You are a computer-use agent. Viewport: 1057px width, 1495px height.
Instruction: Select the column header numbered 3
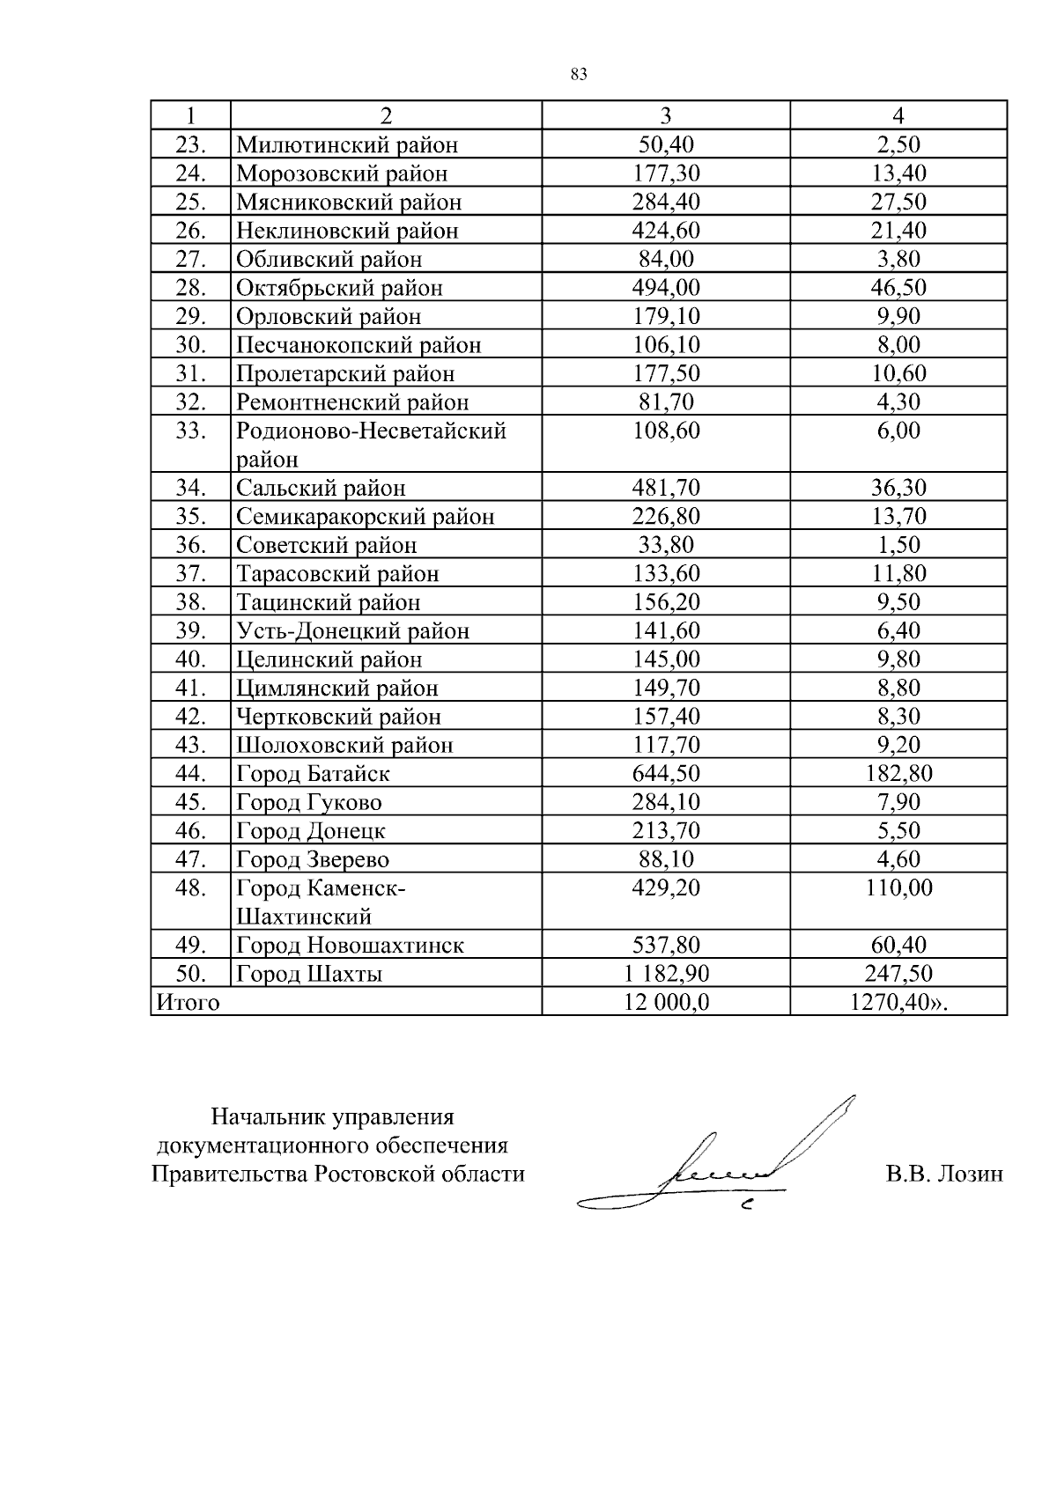[665, 115]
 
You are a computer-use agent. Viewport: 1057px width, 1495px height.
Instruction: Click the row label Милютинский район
[347, 144]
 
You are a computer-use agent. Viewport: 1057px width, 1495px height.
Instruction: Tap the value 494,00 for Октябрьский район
[665, 288]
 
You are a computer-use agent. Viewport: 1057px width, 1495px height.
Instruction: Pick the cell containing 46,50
[898, 288]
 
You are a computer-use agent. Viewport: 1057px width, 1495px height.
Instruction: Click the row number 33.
[190, 431]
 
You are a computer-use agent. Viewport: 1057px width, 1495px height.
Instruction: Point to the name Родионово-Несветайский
[371, 431]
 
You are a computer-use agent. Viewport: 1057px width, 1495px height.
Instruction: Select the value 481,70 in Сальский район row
[665, 488]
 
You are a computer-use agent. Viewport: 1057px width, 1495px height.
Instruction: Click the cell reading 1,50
[898, 545]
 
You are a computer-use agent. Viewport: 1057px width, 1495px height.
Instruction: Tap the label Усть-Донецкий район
[352, 631]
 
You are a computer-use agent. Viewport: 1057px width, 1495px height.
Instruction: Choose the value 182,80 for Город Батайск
[898, 774]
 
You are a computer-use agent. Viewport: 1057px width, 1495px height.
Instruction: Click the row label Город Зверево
[313, 860]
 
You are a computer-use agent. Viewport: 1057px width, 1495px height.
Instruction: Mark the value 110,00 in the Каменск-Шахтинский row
[898, 888]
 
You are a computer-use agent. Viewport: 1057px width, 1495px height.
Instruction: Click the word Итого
[188, 1003]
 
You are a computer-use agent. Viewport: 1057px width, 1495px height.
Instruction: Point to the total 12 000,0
[665, 1003]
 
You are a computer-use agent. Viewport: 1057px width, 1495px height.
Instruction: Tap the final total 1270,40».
[898, 1003]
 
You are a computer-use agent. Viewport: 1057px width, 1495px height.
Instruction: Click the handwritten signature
[722, 1162]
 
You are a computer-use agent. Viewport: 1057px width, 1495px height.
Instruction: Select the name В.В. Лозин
[944, 1175]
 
